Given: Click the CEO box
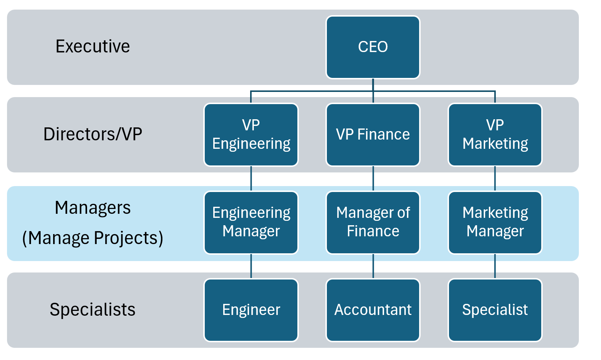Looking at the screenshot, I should tap(373, 47).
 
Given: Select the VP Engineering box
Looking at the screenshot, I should tap(251, 134).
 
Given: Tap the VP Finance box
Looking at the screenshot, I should tap(373, 134).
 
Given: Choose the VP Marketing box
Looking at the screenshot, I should tap(495, 134).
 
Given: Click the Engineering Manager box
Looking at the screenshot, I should tap(251, 222).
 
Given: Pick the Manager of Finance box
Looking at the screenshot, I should tap(373, 222).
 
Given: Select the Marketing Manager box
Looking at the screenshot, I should tap(495, 222).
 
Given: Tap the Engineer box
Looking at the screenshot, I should tap(251, 310).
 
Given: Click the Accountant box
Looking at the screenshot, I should tap(373, 310).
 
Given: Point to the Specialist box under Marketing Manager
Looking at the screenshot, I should tap(495, 310).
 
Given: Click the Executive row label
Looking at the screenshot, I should tap(93, 47).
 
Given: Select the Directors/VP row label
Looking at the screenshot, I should tap(93, 134).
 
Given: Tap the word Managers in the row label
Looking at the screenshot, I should tap(93, 208).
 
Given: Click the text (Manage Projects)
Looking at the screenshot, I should tap(93, 238).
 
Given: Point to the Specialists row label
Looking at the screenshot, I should tap(93, 309).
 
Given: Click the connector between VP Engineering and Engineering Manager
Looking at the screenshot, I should tap(251, 178).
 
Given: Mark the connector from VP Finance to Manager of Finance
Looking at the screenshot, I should tap(373, 178).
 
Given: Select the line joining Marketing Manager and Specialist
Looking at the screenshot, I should tap(495, 266).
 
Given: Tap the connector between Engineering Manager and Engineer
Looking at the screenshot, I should tap(251, 266).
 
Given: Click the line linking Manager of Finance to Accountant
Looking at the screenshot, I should tap(373, 266).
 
